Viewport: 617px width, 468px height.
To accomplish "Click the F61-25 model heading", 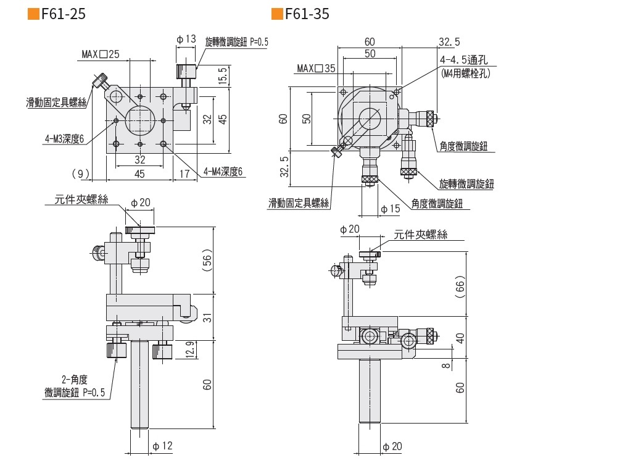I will click(63, 14).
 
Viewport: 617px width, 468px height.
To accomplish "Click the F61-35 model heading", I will click(307, 14).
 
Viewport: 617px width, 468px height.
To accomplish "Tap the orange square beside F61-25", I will click(33, 14).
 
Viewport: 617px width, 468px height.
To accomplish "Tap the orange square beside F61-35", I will click(277, 14).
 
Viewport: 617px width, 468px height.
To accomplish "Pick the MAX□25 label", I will click(101, 54).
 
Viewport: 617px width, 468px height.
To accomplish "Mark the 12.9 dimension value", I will click(190, 350).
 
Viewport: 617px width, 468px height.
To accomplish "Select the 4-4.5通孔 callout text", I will click(464, 61).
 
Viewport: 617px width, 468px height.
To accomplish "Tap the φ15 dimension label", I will click(390, 209).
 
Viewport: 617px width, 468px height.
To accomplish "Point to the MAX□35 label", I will click(315, 68).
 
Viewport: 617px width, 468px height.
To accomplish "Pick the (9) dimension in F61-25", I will click(81, 173).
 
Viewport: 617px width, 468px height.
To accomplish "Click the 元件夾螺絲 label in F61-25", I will click(81, 199).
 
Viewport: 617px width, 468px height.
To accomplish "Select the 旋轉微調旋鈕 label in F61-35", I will click(466, 183).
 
